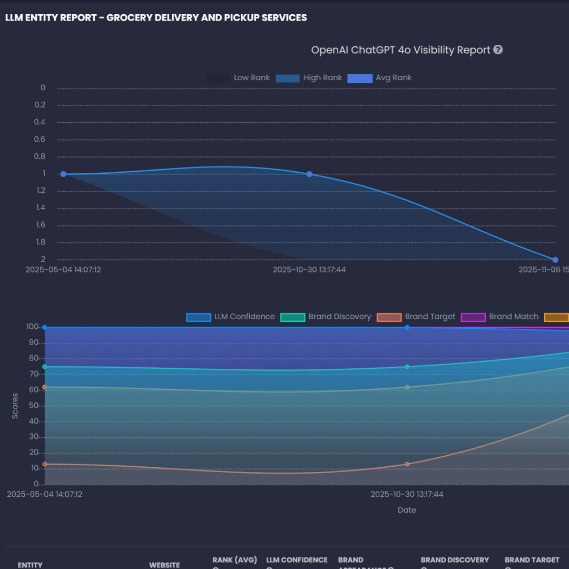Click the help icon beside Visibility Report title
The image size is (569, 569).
pyautogui.click(x=498, y=50)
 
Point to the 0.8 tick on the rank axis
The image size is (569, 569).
pyautogui.click(x=40, y=156)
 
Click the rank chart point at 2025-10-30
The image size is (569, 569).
pyautogui.click(x=309, y=174)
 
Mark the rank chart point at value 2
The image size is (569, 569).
pyautogui.click(x=555, y=260)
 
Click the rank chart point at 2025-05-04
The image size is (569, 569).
pyautogui.click(x=63, y=174)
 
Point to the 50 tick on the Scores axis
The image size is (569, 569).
pyautogui.click(x=33, y=406)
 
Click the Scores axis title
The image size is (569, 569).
pyautogui.click(x=15, y=406)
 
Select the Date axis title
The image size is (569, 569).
pyautogui.click(x=407, y=510)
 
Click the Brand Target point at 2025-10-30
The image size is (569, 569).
pyautogui.click(x=407, y=464)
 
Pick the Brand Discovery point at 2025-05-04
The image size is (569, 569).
pyautogui.click(x=45, y=367)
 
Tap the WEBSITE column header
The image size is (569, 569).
pyautogui.click(x=164, y=565)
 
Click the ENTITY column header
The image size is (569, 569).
pyautogui.click(x=30, y=565)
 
